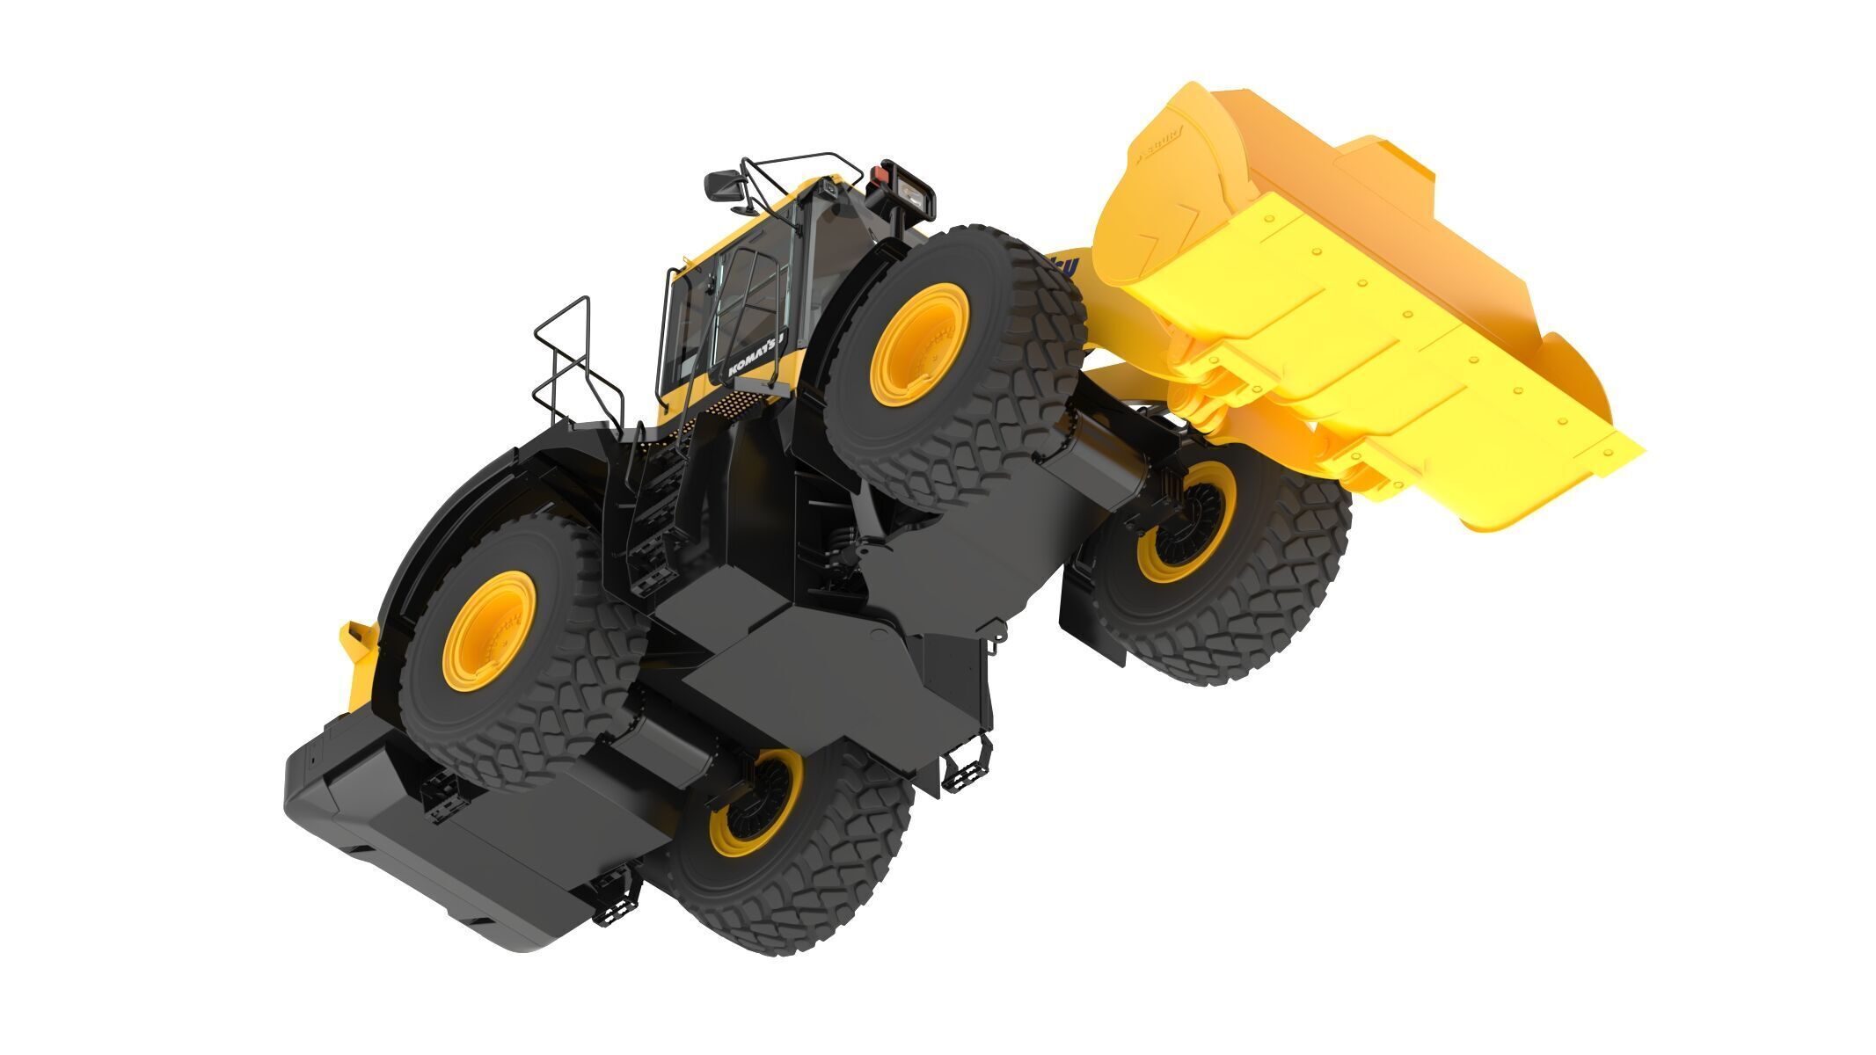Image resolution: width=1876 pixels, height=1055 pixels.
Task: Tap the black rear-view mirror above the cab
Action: click(x=723, y=186)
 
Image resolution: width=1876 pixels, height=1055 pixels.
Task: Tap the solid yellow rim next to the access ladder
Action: click(x=489, y=630)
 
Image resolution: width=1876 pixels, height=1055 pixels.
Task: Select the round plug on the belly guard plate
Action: click(x=877, y=634)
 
